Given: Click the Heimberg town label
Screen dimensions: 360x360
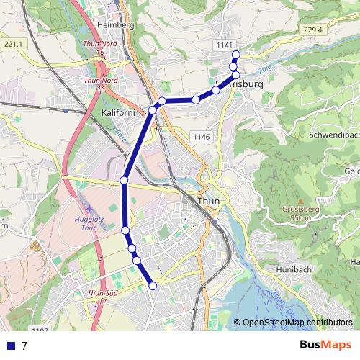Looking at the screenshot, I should [119, 25].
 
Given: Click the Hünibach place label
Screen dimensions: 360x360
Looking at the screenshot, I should [294, 269].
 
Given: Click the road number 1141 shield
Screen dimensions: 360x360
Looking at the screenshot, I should [224, 45].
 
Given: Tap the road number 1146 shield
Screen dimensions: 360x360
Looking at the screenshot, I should [200, 137].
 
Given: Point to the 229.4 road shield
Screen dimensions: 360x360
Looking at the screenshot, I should [312, 30].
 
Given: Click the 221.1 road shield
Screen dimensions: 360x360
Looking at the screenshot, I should [14, 45].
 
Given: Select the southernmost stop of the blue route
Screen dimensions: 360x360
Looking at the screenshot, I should [153, 286].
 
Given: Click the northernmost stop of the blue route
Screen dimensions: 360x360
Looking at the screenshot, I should [235, 55].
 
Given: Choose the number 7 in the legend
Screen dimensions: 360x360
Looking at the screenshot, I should [24, 346].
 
